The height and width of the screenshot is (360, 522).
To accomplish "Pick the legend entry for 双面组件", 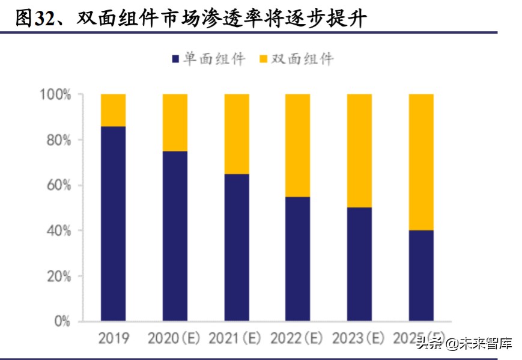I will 296,59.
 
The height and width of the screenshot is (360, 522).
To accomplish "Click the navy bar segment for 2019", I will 113,223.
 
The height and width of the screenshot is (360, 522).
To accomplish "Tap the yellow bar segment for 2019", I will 113,110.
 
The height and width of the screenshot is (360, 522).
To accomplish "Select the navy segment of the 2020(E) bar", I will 175,236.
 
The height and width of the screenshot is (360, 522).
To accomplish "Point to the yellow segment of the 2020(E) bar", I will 175,123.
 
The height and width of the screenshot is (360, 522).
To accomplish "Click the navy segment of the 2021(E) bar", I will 237,247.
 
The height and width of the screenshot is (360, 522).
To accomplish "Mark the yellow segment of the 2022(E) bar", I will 297,145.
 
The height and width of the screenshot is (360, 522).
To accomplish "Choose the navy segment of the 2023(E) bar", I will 359,264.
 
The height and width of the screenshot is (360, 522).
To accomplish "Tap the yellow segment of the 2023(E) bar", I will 359,151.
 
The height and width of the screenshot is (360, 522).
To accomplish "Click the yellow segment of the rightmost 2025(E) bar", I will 420,162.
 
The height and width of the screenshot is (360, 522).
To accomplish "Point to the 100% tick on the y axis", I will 55,95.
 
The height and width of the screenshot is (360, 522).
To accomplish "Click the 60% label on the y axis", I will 58,186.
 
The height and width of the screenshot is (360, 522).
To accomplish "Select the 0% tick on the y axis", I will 61,322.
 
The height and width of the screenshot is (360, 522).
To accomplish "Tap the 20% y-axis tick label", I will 58,276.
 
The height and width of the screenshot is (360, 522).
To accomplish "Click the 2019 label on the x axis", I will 113,339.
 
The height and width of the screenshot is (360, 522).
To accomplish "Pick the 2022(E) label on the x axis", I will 297,339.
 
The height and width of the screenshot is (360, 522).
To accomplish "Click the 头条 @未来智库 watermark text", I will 464,344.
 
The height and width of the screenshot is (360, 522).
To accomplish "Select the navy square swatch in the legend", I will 175,59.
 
